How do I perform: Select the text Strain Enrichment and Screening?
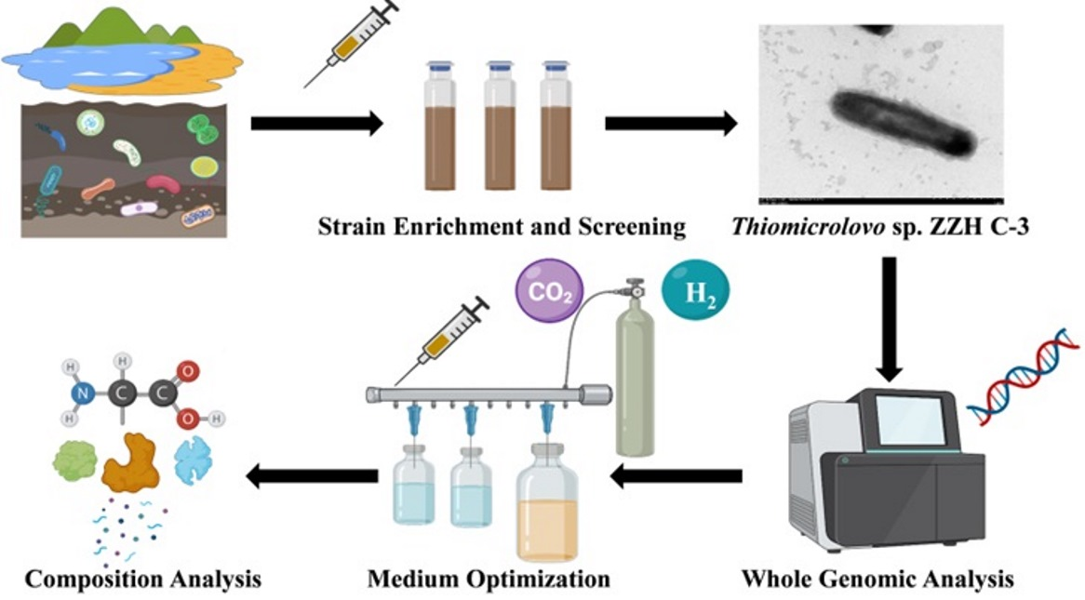click(x=502, y=226)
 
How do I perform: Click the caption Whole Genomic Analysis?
click(x=877, y=579)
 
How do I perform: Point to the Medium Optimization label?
click(x=489, y=579)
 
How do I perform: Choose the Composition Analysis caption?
click(x=142, y=579)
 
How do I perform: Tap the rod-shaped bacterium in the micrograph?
click(x=902, y=122)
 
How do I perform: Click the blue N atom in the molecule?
click(x=83, y=394)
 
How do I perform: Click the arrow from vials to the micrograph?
click(x=671, y=123)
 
